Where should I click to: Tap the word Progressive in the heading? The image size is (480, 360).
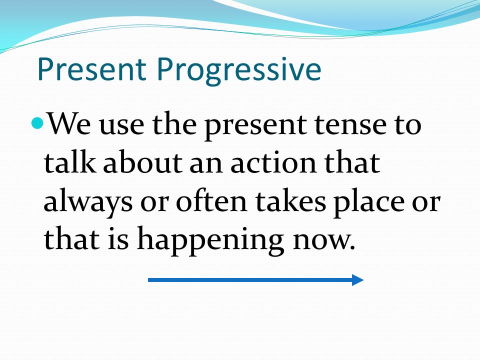239,71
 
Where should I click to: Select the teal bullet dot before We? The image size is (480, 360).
37,123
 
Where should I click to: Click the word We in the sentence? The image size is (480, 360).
69,123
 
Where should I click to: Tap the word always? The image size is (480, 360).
88,202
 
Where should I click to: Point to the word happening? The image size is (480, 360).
210,240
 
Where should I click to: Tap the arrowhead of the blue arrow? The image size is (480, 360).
357,280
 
